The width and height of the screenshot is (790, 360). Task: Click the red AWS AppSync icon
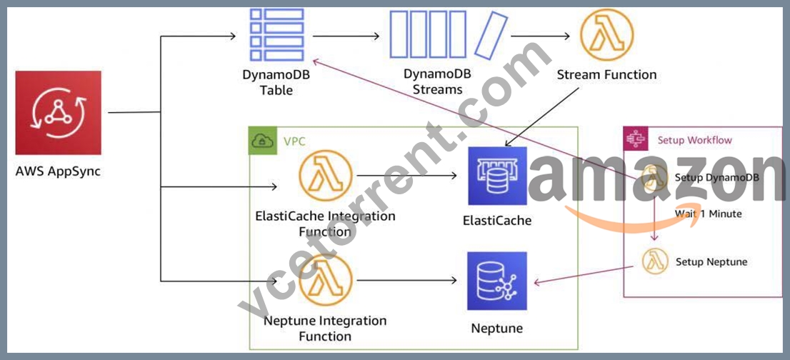click(58, 113)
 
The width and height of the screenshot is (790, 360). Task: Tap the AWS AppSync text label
click(58, 171)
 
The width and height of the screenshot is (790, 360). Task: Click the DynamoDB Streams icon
click(449, 34)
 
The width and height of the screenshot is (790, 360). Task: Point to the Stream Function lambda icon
click(606, 35)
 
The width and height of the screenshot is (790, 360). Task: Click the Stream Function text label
click(606, 75)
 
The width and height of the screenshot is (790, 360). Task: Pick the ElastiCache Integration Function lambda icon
click(325, 176)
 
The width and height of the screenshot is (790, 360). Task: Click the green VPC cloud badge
click(262, 141)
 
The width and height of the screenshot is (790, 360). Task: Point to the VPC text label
click(294, 141)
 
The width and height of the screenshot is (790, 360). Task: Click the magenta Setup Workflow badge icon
click(635, 139)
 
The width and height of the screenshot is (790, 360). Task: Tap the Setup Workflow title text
click(695, 140)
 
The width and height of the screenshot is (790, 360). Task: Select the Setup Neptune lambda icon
click(655, 261)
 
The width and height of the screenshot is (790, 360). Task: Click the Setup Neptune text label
click(711, 262)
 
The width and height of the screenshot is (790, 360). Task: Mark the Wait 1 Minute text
click(708, 214)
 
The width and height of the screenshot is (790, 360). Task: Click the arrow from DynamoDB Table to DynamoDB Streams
click(346, 36)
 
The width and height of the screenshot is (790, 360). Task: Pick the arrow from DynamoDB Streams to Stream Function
click(541, 36)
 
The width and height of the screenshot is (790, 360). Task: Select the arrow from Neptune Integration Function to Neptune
click(406, 280)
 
